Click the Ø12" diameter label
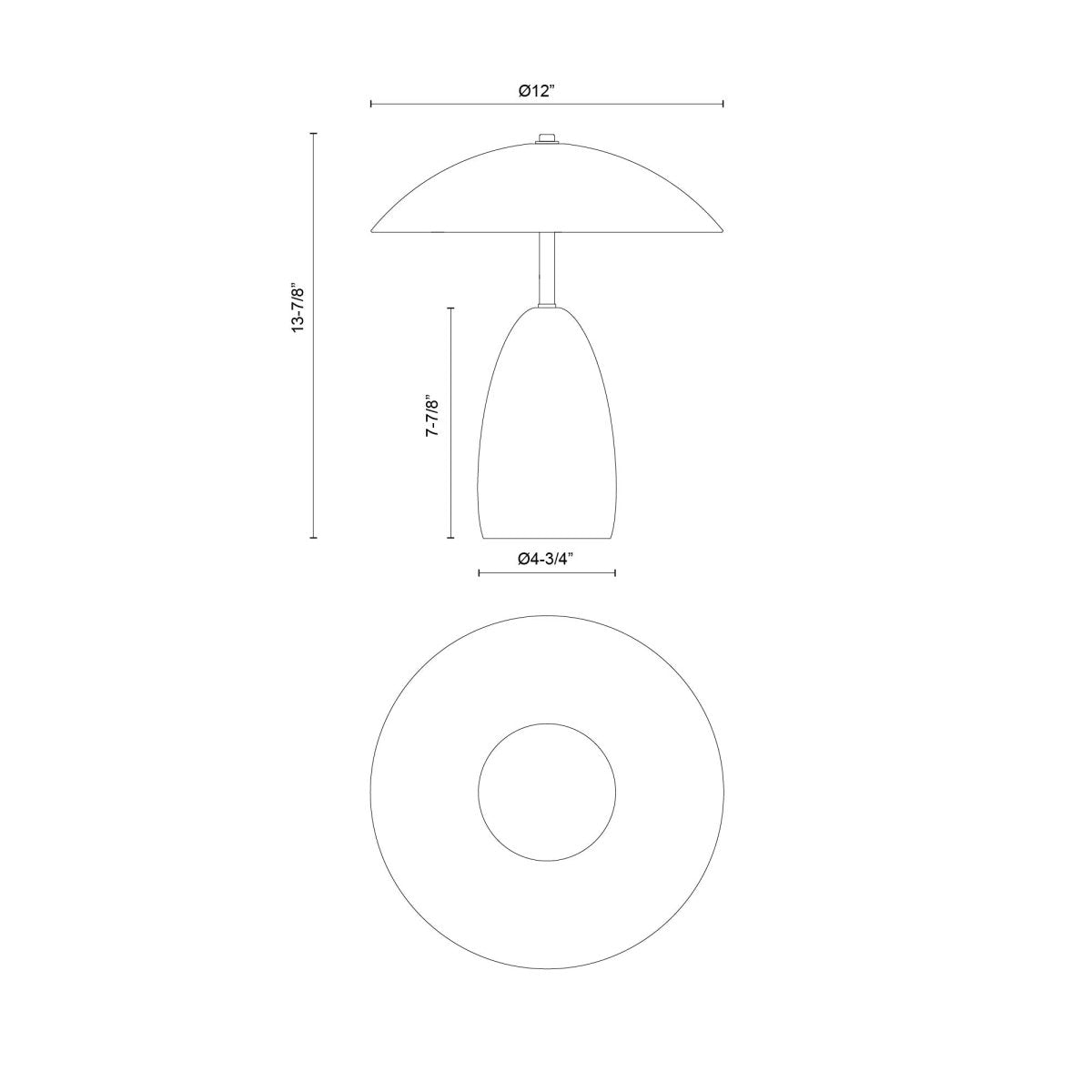(547, 91)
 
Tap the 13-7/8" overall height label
(298, 308)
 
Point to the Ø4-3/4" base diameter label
(547, 560)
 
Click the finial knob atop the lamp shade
(546, 138)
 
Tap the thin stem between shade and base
(546, 268)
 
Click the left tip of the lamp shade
(373, 228)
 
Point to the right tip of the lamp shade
(721, 228)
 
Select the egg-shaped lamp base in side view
(547, 428)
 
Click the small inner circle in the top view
(547, 792)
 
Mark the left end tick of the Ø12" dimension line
(371, 104)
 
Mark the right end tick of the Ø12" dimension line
(723, 104)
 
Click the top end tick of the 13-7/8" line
(314, 134)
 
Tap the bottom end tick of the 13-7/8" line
(314, 538)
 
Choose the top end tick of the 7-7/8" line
(450, 308)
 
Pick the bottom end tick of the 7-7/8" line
(450, 538)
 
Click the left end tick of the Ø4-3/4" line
(479, 572)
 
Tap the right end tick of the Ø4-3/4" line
(616, 572)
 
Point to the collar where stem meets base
(546, 307)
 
